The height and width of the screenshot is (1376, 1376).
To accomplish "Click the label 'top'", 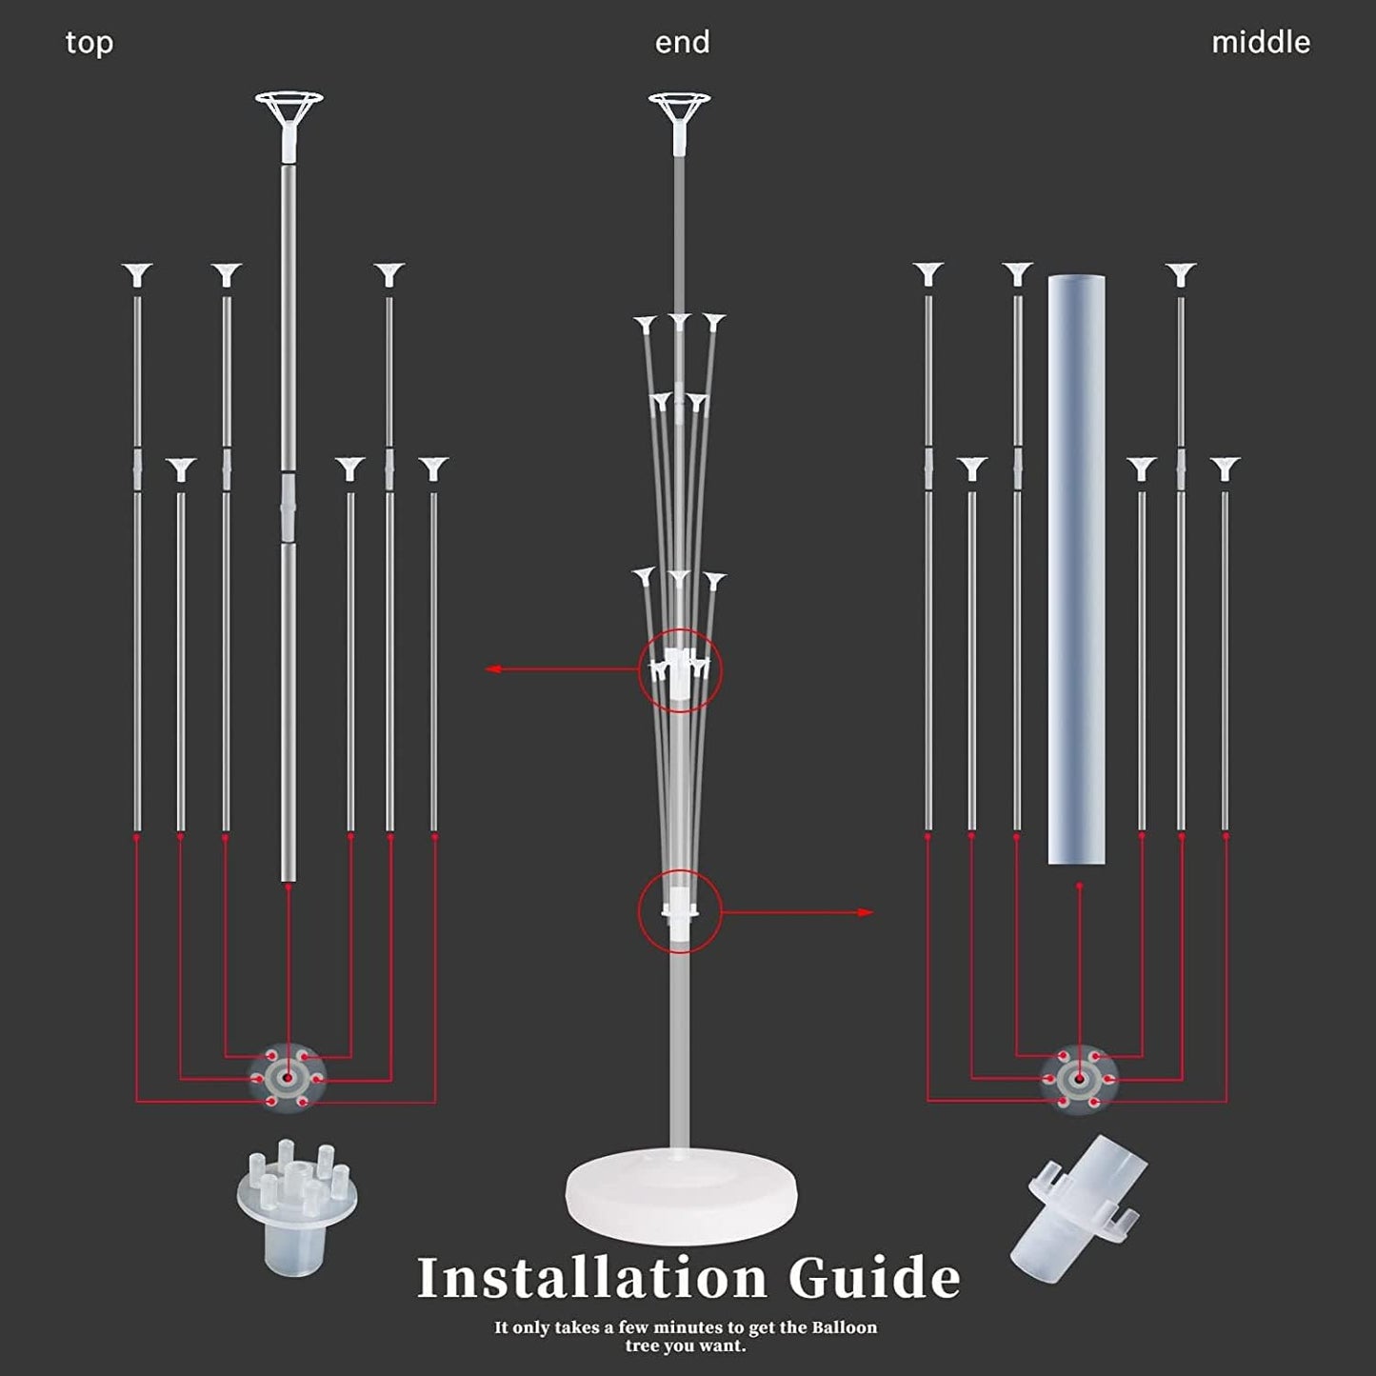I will click(x=90, y=43).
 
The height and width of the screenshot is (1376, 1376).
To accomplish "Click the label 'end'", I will click(x=682, y=43).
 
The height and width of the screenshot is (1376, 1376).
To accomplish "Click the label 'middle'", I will click(x=1260, y=43).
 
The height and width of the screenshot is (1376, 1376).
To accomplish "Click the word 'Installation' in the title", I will click(x=591, y=1278).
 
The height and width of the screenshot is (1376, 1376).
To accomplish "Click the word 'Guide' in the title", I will click(x=874, y=1278).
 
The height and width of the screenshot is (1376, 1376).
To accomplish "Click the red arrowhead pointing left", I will click(x=493, y=669).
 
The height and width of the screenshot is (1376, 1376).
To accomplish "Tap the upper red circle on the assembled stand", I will click(x=680, y=670).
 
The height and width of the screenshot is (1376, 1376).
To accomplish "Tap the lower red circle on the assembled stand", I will click(x=680, y=912).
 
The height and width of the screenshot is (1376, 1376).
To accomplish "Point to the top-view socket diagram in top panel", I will click(x=288, y=1078).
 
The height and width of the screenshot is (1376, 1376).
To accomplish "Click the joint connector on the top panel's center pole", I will click(x=289, y=505).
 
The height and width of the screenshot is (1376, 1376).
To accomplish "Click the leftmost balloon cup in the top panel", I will click(x=137, y=275).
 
